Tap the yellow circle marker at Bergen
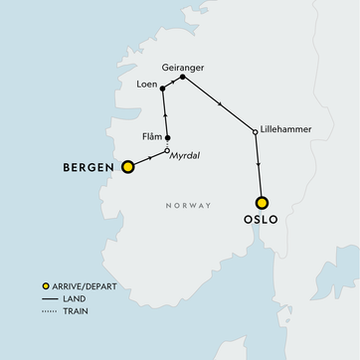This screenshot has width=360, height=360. (x=127, y=168)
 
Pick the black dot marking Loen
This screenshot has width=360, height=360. (x=163, y=89)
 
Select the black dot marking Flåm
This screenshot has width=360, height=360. (x=168, y=138)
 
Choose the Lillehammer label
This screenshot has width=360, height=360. (x=288, y=130)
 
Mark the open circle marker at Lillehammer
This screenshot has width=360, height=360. (x=257, y=131)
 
